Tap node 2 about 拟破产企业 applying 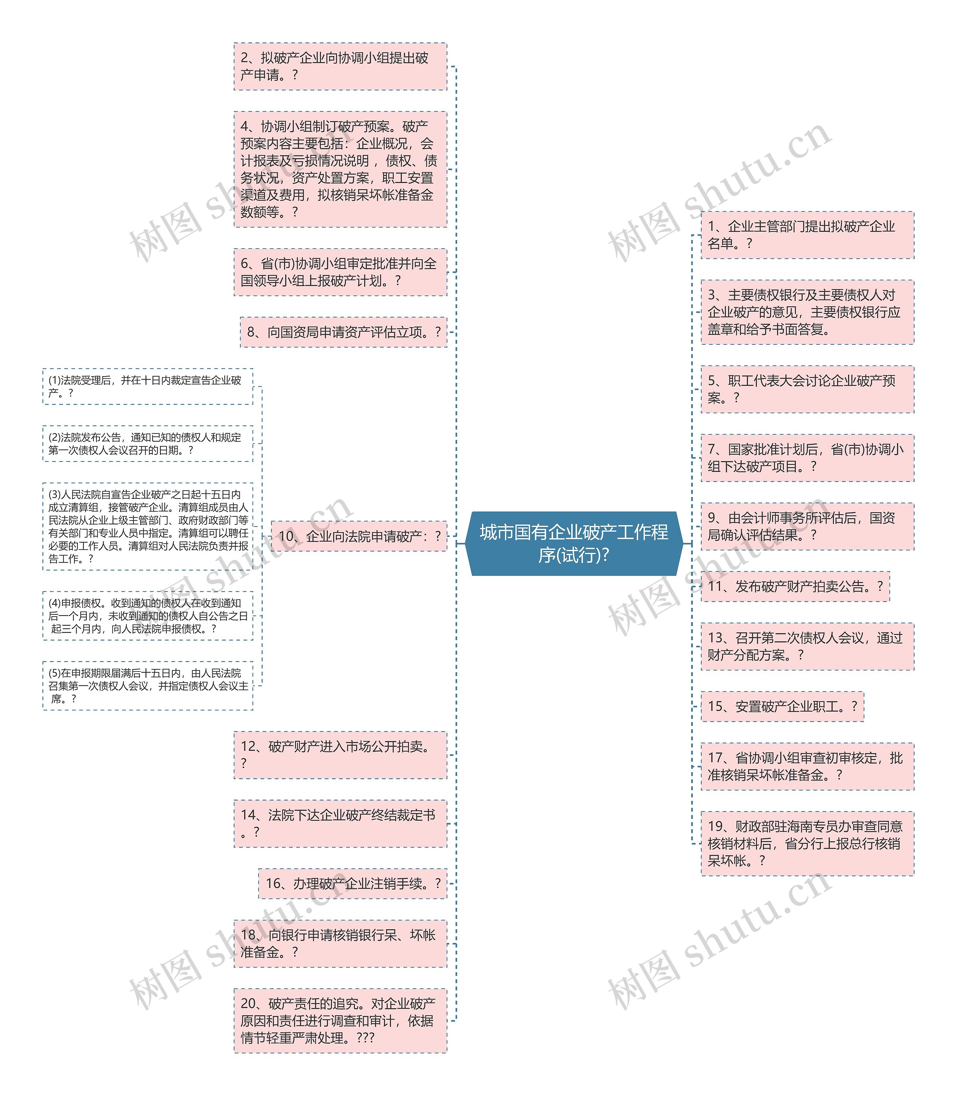(340, 66)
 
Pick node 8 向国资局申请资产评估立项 (344, 332)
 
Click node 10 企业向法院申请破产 (359, 536)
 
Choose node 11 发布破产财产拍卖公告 (795, 586)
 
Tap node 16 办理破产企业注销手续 (353, 884)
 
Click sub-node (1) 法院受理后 (147, 386)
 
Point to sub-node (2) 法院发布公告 (147, 443)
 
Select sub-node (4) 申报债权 (147, 616)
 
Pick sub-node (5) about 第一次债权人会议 (147, 686)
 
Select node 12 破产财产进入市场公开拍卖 (340, 755)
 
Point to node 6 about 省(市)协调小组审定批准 (340, 272)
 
